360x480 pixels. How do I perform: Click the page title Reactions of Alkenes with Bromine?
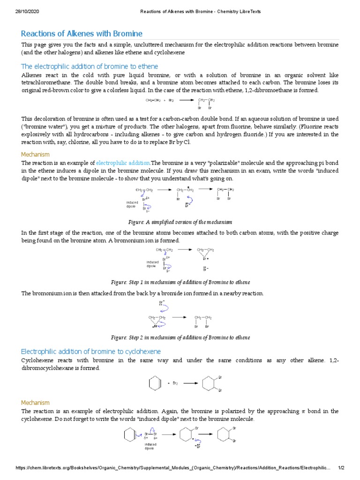point(82,34)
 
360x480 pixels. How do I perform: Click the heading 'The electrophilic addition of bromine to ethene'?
point(90,66)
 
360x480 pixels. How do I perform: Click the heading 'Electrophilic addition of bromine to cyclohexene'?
point(91,351)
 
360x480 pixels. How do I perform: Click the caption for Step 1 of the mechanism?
point(180,282)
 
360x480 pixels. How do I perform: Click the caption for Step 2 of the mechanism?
point(180,337)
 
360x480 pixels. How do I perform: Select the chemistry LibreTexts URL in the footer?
point(173,468)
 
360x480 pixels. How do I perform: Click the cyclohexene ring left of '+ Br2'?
point(153,383)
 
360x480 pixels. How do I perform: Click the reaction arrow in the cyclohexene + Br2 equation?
point(189,383)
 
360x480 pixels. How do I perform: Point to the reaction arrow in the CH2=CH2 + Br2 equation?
point(186,100)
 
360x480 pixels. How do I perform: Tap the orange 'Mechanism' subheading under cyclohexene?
point(35,403)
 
